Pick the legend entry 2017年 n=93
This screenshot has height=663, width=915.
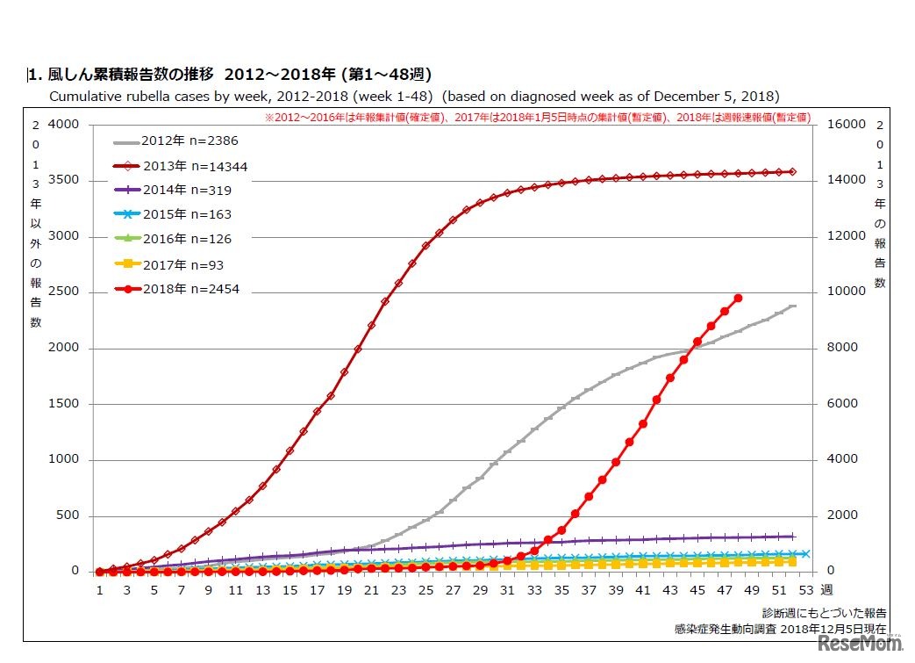pos(176,264)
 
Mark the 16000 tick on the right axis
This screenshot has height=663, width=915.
pos(843,125)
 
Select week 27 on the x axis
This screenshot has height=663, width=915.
pos(453,591)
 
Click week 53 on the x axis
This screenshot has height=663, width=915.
pos(805,591)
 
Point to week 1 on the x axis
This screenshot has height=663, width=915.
pos(100,591)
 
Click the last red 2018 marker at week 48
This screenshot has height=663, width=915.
pos(738,299)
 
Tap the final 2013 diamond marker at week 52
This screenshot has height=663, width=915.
pos(792,172)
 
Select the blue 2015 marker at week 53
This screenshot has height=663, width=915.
pos(805,554)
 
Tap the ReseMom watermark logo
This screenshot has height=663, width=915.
pos(861,644)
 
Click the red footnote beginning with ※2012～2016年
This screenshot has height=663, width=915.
pos(537,117)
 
